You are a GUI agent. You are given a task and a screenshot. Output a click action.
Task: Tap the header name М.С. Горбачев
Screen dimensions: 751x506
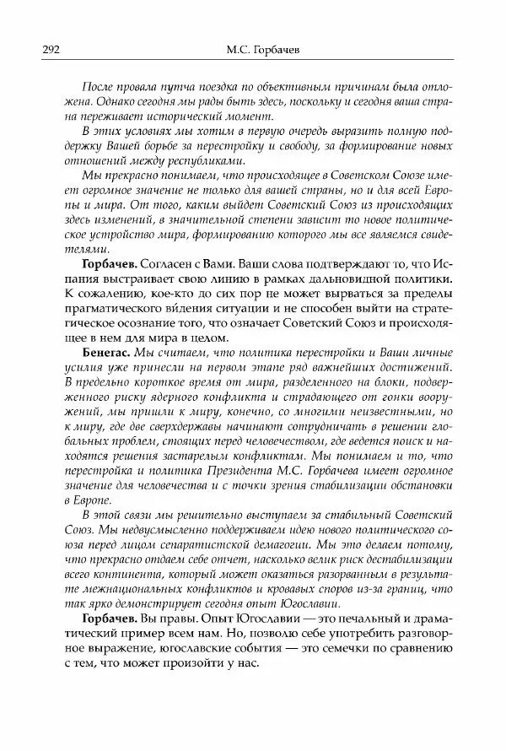coord(256,51)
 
